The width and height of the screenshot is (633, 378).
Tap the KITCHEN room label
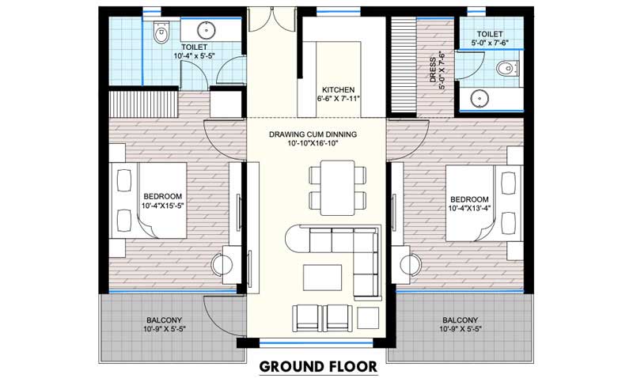pos(338,89)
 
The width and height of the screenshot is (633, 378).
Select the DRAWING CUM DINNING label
pos(313,135)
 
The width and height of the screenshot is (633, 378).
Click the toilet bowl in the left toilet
pos(160,32)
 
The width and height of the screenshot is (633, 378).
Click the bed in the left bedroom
pos(150,200)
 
